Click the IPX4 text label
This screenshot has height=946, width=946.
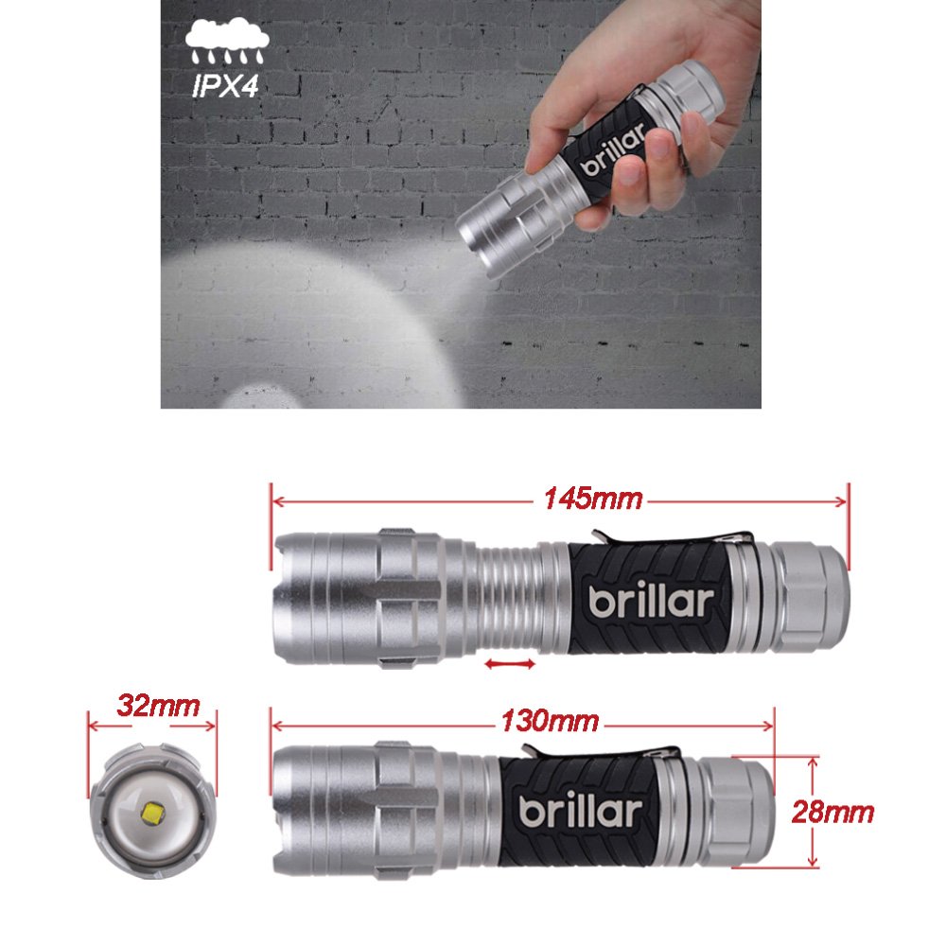226,88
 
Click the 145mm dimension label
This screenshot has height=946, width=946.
592,498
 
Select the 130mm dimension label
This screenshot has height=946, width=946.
550,721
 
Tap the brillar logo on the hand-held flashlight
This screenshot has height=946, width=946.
610,154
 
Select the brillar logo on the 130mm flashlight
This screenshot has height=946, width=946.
581,812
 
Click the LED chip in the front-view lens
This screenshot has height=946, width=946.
153,810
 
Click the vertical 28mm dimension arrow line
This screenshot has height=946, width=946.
813,812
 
